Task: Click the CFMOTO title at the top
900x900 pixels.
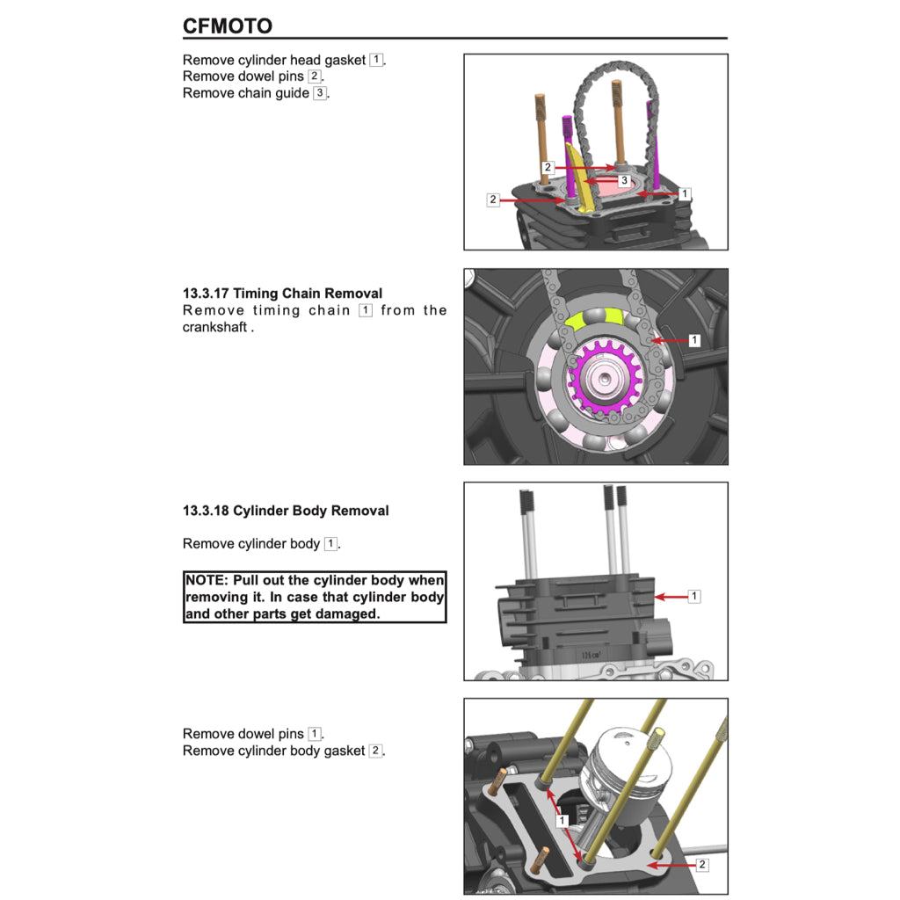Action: coord(227,25)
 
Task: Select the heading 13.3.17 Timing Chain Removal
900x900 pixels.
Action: coord(282,294)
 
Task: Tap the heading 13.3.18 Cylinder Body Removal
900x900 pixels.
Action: coord(286,511)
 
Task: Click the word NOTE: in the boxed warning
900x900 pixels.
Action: coord(208,580)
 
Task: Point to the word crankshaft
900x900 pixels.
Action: coord(215,328)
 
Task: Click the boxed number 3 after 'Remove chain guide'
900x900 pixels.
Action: coord(320,93)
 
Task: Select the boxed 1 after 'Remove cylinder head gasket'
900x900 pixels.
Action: coord(376,60)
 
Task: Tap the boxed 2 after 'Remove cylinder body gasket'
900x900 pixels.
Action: coord(375,751)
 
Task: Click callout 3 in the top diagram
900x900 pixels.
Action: coord(624,180)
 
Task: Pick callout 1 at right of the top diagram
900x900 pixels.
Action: coord(686,193)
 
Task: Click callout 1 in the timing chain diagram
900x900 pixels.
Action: coord(694,339)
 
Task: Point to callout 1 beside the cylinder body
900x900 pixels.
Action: coord(694,596)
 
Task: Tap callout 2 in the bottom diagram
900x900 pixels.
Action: coord(701,865)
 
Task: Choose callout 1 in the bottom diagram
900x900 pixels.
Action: coord(562,820)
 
